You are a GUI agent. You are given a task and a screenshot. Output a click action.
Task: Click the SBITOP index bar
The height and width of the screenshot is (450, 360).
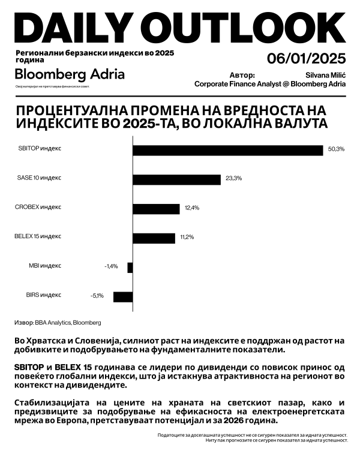[x=228, y=150]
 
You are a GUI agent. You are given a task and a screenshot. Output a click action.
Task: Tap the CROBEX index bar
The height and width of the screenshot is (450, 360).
[x=156, y=208]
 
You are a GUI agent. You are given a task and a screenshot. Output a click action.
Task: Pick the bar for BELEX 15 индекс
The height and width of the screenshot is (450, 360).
[x=154, y=238]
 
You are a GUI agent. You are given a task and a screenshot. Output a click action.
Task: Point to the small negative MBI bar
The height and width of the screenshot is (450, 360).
[x=130, y=267]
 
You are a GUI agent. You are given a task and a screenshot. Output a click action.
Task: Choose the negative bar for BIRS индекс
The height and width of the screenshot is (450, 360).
[x=123, y=296]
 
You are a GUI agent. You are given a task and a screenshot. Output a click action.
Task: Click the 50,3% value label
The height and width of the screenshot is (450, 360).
[x=336, y=149]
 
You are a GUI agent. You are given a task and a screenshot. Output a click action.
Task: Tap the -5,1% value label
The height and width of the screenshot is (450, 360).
[x=97, y=296]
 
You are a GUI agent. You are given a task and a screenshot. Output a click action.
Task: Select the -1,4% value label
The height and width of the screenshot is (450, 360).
[x=111, y=266]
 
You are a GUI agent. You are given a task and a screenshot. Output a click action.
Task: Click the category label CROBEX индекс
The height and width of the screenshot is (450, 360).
[x=38, y=207]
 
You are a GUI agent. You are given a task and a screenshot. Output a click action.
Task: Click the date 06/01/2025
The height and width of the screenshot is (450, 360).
[x=307, y=59]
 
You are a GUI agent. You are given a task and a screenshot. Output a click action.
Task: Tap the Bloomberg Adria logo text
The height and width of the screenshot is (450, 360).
[x=70, y=74]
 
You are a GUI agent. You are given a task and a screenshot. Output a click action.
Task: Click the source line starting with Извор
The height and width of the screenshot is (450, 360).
[x=57, y=322]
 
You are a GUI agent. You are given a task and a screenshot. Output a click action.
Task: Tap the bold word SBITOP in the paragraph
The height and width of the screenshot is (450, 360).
[x=29, y=367]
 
